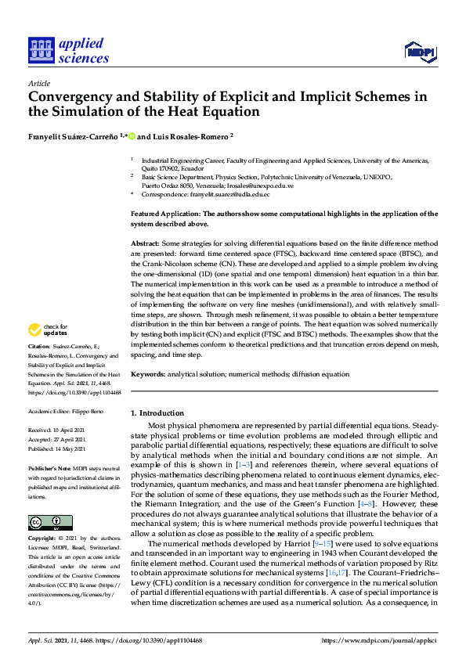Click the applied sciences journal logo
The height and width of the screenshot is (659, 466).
click(68, 50)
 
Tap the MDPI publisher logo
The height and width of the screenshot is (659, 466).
click(420, 52)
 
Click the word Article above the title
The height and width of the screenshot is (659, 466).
click(39, 83)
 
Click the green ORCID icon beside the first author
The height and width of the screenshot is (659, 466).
click(132, 135)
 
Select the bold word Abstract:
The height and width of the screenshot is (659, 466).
click(146, 243)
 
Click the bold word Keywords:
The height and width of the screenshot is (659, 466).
click(149, 375)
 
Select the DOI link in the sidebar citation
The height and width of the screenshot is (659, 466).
click(71, 392)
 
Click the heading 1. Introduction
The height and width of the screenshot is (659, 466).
click(157, 412)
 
